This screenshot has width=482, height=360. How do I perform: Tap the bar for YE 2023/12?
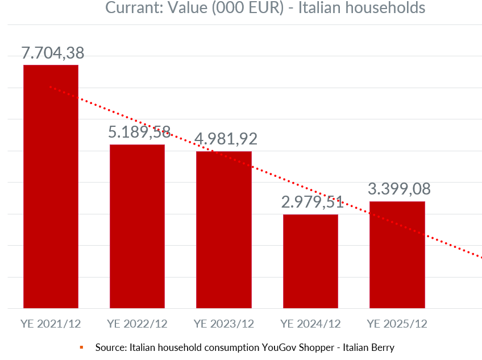(224, 230)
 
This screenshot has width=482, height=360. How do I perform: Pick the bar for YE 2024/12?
(310, 261)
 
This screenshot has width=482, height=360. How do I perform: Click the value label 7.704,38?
(53, 53)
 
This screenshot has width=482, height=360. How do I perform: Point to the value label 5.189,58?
(139, 133)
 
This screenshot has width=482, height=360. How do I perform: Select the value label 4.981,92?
(226, 139)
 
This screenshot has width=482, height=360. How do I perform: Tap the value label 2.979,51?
(313, 202)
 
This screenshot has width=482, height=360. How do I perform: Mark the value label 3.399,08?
(399, 188)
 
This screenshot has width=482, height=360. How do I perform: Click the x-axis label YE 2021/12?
(51, 324)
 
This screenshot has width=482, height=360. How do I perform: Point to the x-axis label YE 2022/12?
(137, 324)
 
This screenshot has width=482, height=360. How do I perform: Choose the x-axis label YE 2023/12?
(224, 324)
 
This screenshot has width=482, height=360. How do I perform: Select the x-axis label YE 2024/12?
(310, 324)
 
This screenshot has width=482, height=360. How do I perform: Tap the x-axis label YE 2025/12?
(397, 324)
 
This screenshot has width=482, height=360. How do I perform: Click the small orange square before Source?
(81, 347)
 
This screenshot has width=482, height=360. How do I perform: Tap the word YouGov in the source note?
(283, 347)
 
